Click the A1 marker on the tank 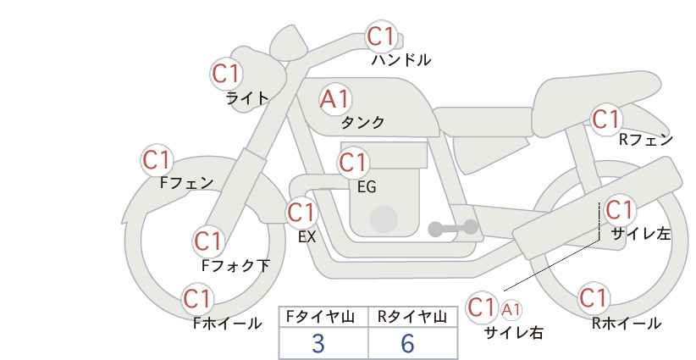tap(335, 99)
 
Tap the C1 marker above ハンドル tap(381, 36)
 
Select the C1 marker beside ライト tap(226, 74)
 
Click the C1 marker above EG tap(353, 163)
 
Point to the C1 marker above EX tap(301, 213)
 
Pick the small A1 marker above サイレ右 tap(511, 309)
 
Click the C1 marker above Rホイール tap(593, 297)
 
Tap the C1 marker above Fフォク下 tap(208, 241)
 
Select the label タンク tap(362, 122)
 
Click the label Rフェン tap(646, 140)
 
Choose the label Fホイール tap(227, 324)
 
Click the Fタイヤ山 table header tap(320, 317)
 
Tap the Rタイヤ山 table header tap(412, 317)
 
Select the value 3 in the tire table tap(318, 343)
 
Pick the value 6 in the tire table tap(407, 343)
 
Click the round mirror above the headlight tap(288, 42)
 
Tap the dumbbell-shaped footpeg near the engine tap(453, 228)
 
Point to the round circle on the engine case tap(384, 219)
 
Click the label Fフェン tap(186, 183)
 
